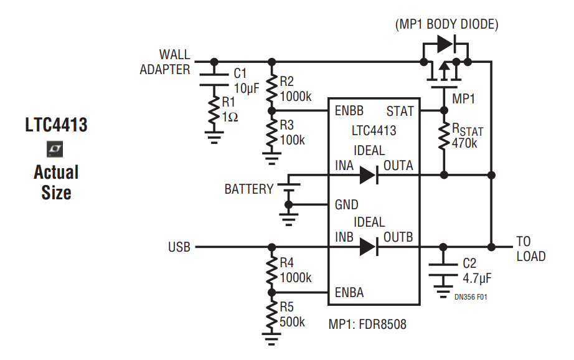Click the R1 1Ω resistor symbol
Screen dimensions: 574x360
(x=214, y=111)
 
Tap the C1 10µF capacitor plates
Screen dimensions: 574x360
(x=214, y=80)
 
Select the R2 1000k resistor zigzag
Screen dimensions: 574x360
(x=271, y=88)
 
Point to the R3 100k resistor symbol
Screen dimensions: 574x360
(x=271, y=132)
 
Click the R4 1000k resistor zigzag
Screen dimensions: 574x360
(x=271, y=270)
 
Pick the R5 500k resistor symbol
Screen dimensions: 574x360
(x=271, y=315)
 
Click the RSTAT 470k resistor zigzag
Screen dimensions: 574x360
(x=444, y=136)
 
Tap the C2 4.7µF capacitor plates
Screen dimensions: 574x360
(x=443, y=269)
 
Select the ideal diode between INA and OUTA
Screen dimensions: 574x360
(x=369, y=175)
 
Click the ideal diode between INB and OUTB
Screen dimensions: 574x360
(x=369, y=247)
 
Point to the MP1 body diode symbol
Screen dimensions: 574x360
(x=446, y=44)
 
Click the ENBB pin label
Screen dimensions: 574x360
(x=349, y=111)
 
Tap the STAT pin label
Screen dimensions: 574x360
(x=400, y=111)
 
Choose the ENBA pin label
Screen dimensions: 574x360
(x=349, y=293)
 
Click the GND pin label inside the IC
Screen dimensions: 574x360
(x=346, y=205)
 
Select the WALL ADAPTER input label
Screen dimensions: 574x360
(x=165, y=62)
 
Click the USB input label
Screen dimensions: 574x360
(x=179, y=247)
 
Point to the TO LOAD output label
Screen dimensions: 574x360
(x=531, y=249)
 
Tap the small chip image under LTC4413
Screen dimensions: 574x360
(x=55, y=149)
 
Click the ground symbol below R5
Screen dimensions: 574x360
(x=271, y=339)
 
